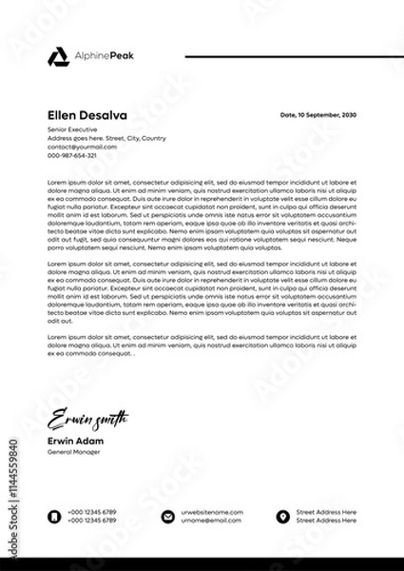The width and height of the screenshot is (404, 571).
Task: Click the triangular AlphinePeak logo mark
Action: [57, 57]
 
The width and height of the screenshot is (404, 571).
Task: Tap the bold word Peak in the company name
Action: [122, 57]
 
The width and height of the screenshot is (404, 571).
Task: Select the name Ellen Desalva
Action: [87, 115]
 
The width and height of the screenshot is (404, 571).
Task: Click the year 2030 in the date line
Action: [349, 114]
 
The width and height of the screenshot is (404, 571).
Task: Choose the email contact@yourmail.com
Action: [82, 147]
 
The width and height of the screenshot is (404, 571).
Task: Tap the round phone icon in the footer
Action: [54, 516]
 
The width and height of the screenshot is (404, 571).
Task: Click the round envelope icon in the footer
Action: [168, 516]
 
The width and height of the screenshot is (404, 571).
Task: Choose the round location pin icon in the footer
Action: [282, 516]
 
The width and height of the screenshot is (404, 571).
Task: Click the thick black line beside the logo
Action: [286, 56]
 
